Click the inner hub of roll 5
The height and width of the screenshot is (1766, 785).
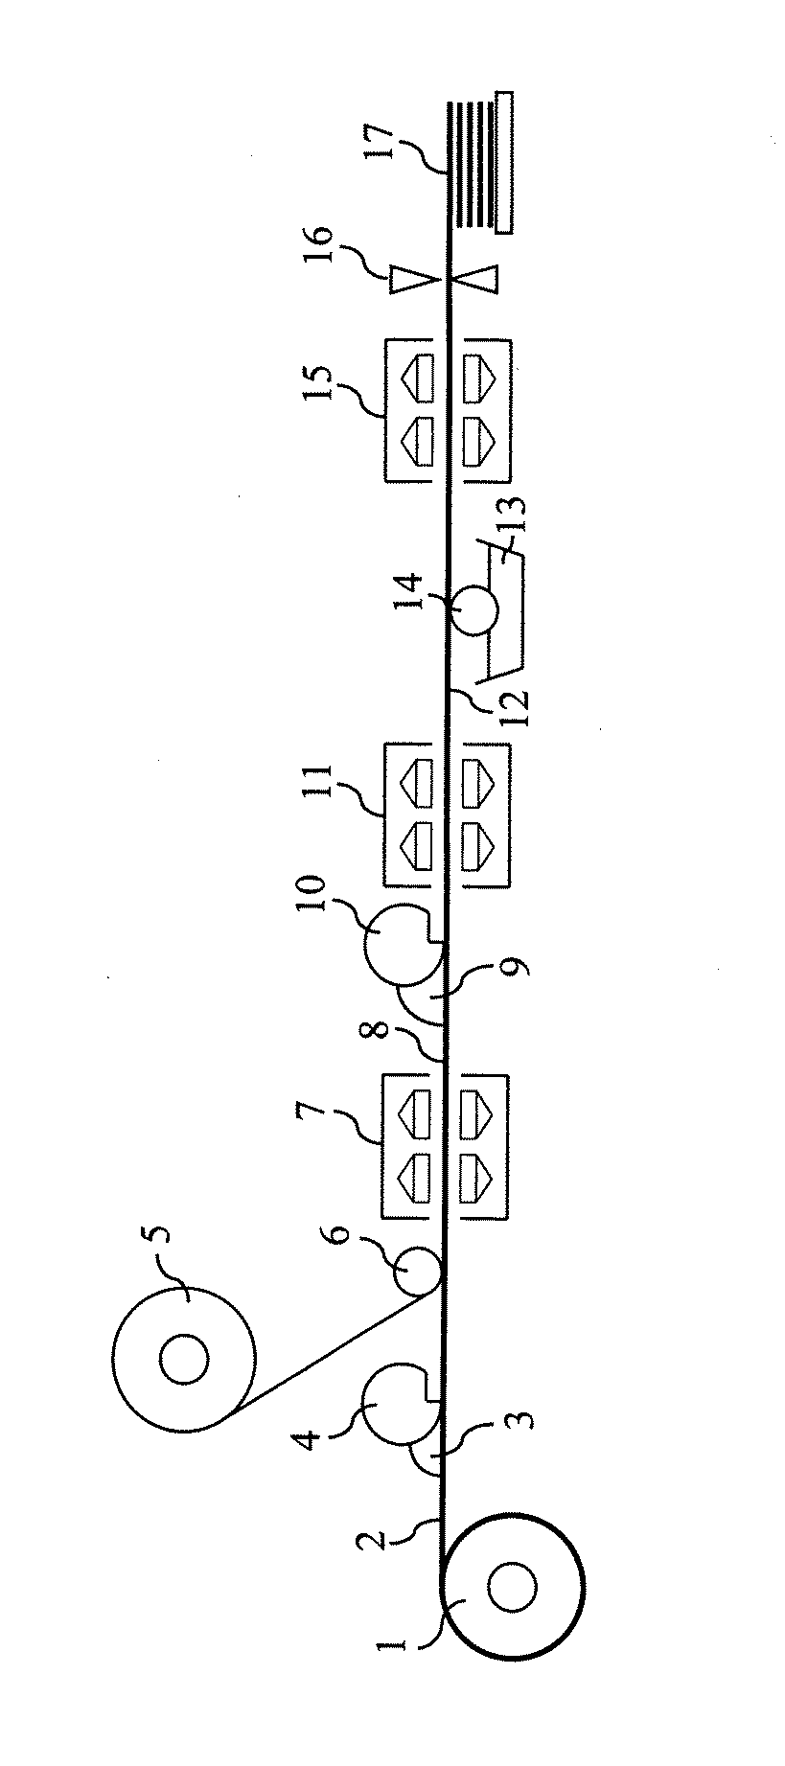(183, 1360)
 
